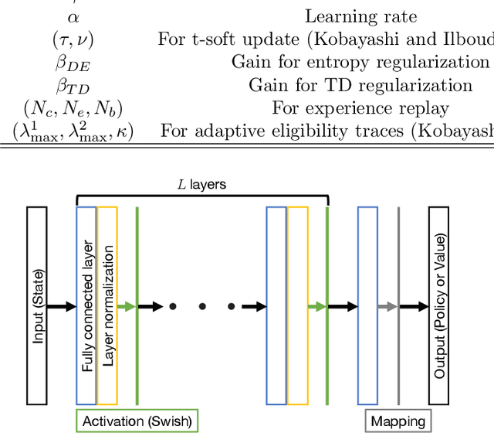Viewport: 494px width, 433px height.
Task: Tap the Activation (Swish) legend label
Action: (x=137, y=421)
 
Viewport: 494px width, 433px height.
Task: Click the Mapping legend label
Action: (x=398, y=421)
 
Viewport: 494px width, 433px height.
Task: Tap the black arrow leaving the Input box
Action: (x=61, y=307)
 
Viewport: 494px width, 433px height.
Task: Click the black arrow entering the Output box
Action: (x=415, y=307)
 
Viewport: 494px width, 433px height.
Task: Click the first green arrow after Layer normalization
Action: (x=127, y=307)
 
